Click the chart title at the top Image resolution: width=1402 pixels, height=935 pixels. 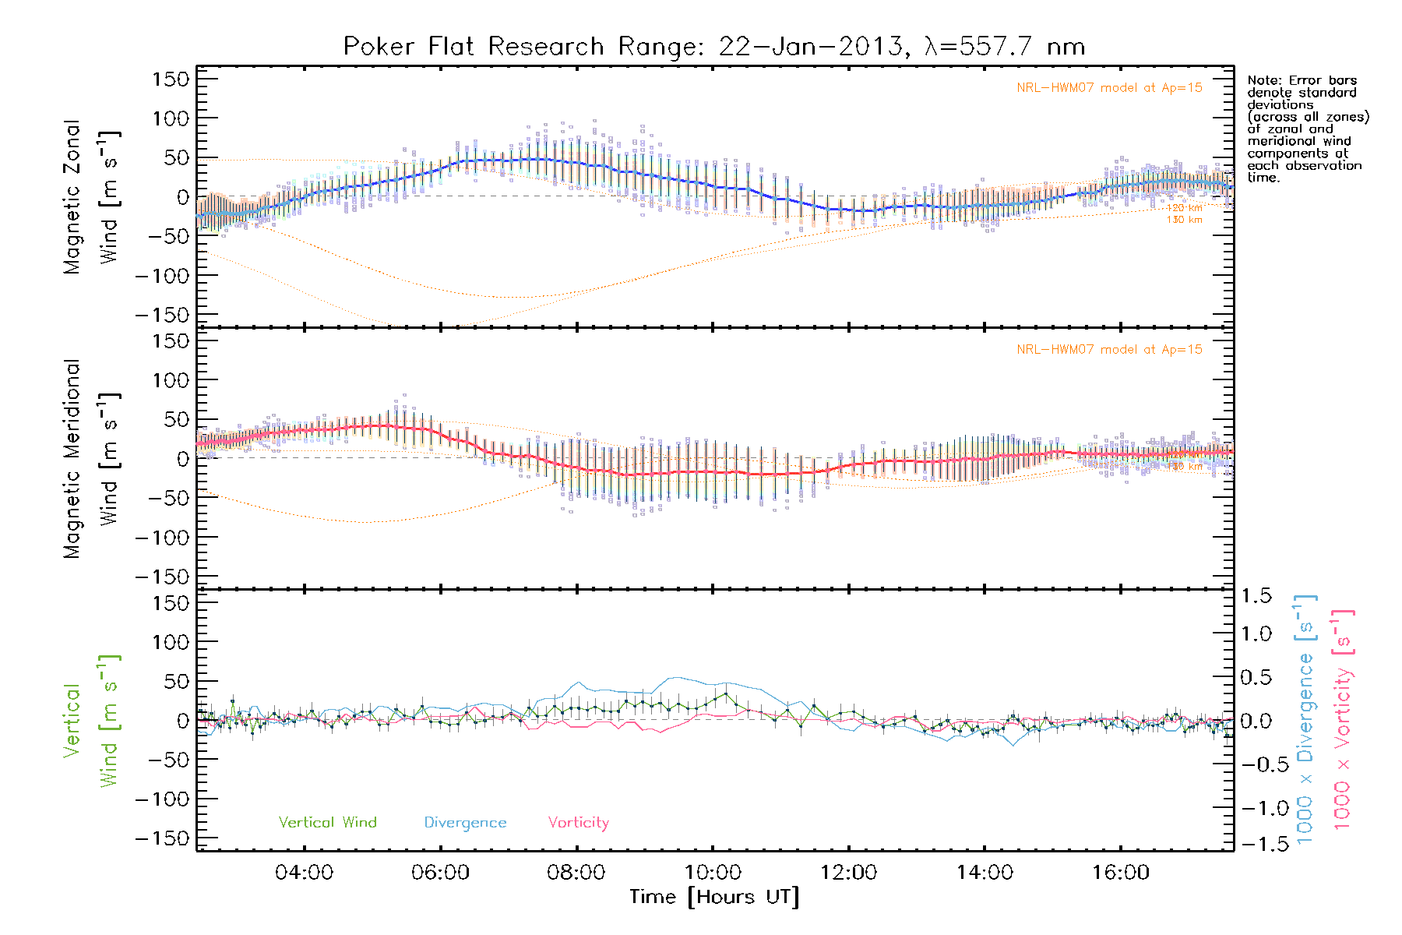(x=714, y=47)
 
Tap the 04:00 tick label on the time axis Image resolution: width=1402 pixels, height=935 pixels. (x=304, y=873)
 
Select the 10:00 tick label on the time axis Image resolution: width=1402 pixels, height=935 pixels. (x=713, y=873)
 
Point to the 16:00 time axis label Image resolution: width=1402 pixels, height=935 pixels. (x=1121, y=873)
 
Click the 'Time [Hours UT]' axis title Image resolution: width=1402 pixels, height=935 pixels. (x=714, y=898)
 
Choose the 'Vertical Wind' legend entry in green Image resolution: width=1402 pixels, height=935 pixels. (x=327, y=823)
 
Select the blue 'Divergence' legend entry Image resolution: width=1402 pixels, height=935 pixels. (x=465, y=823)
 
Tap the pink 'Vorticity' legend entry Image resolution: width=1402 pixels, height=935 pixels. (x=578, y=823)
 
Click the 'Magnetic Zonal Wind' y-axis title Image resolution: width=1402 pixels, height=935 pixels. (x=91, y=196)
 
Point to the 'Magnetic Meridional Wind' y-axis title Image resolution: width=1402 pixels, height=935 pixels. (x=91, y=458)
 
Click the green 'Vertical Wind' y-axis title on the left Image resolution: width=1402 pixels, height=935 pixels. (x=91, y=720)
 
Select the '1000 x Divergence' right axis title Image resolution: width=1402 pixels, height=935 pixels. (x=1305, y=720)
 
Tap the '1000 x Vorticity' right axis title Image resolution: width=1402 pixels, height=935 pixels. (x=1343, y=720)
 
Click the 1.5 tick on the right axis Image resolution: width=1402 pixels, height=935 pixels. (x=1256, y=596)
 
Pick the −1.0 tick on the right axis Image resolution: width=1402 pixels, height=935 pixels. (x=1256, y=808)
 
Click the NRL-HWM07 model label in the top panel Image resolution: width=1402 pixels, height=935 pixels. (x=1109, y=88)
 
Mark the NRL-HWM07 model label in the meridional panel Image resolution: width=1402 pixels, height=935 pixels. (x=1109, y=350)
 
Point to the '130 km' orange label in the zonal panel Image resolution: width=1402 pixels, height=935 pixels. (x=1184, y=220)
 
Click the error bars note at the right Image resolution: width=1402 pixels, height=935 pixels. (x=1307, y=129)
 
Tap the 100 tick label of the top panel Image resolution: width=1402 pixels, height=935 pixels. (x=171, y=118)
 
